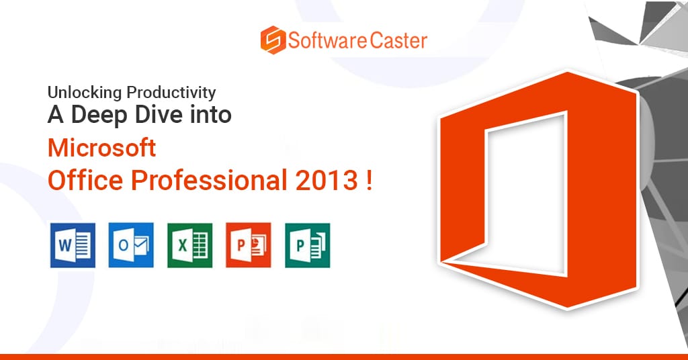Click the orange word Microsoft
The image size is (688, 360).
coord(101,147)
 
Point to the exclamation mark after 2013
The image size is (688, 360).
coord(369,181)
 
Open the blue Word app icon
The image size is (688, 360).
coord(73,245)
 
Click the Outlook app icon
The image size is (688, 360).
coord(131,245)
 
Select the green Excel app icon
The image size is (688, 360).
coord(190,245)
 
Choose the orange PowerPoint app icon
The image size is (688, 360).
coord(249,245)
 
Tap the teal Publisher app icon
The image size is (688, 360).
coord(307,245)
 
